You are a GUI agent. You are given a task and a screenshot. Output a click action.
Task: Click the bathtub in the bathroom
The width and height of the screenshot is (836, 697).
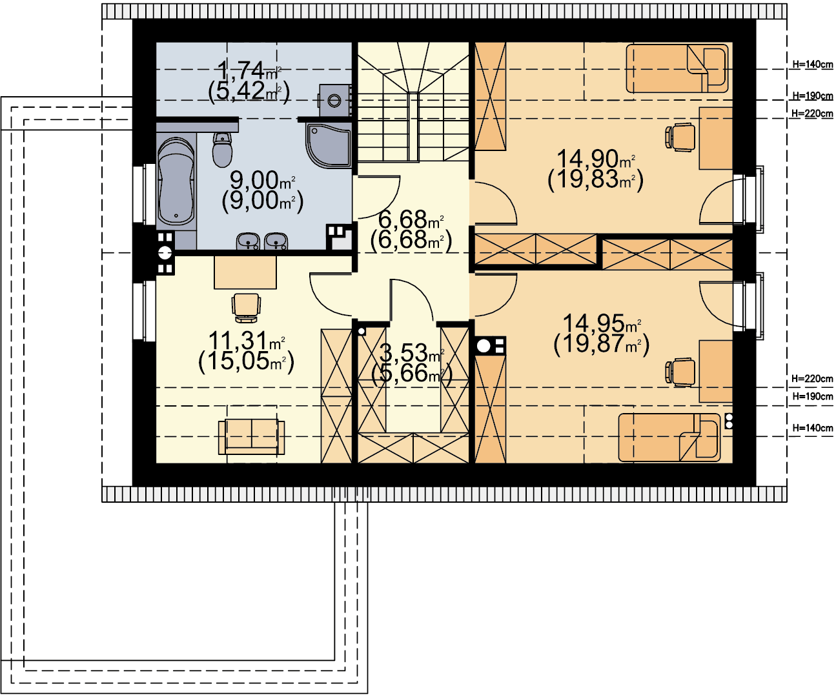(176, 181)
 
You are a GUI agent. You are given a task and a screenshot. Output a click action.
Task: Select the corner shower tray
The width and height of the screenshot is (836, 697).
(329, 145)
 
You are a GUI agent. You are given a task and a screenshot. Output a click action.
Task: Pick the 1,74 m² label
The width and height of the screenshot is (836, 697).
(249, 70)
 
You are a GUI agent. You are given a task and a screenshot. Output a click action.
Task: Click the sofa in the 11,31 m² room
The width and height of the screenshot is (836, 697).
(251, 436)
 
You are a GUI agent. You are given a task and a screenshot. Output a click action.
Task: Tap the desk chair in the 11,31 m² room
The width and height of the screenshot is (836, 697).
(246, 308)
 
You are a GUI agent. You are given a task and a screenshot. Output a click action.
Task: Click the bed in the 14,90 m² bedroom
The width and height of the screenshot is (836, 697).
(677, 68)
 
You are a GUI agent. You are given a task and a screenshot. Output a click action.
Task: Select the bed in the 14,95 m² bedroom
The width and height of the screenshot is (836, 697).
(669, 437)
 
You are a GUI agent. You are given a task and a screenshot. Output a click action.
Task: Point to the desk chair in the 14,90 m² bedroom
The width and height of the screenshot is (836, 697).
(680, 137)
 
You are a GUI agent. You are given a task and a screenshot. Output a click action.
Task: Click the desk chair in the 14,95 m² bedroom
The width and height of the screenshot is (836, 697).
(680, 372)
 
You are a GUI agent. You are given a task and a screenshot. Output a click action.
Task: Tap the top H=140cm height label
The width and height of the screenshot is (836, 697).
(813, 65)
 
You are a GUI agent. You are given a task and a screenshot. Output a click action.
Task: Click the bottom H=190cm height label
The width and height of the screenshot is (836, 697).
(813, 396)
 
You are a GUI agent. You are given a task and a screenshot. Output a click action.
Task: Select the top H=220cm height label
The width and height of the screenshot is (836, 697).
(812, 114)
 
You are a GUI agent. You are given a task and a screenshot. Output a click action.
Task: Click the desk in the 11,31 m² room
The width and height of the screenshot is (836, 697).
(245, 272)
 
